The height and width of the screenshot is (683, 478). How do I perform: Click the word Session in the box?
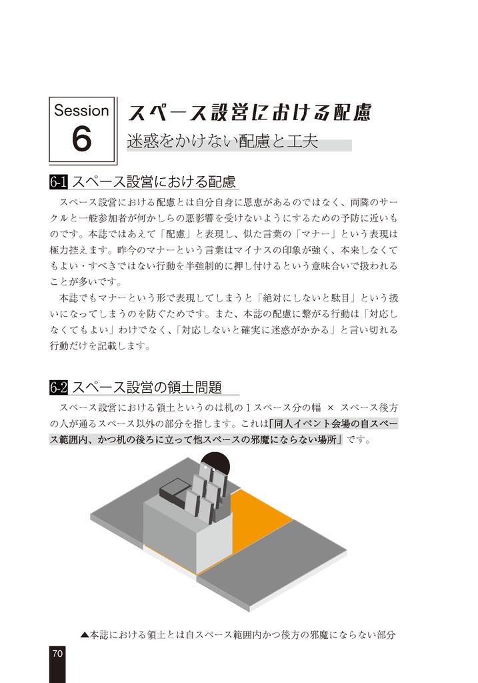point(81,110)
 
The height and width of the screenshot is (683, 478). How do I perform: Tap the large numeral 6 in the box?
point(81,139)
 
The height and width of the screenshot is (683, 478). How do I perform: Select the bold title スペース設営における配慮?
point(249,112)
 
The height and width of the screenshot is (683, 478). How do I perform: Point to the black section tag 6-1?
point(58,181)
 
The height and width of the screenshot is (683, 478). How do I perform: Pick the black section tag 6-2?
point(58,387)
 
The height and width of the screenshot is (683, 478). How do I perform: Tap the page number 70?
point(57,654)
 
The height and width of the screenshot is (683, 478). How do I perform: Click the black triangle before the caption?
point(84,635)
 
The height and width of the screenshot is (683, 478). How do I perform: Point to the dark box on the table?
point(174,492)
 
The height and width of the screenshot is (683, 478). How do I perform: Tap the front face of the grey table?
point(169,539)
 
